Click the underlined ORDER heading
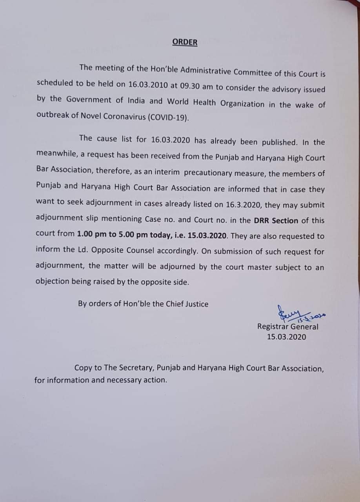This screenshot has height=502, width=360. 185,42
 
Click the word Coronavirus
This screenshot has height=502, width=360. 120,116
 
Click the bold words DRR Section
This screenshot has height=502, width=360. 276,220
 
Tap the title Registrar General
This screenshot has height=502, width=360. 287,326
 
